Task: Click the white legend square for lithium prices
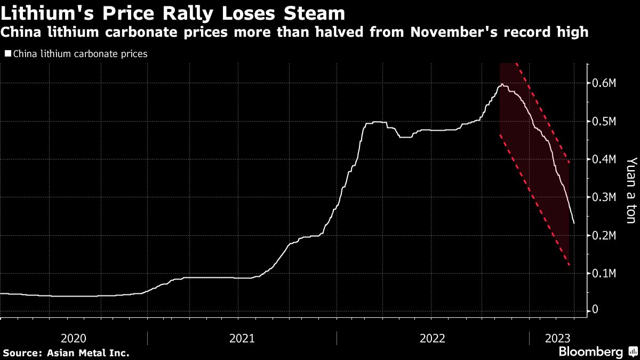(7, 54)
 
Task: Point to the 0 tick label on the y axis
(596, 310)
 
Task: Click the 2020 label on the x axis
(74, 338)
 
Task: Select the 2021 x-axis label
(242, 338)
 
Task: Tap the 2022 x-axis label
(433, 338)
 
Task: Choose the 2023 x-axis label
(558, 338)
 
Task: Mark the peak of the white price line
(501, 84)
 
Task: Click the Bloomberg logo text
(590, 352)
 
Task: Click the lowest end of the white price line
(574, 223)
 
